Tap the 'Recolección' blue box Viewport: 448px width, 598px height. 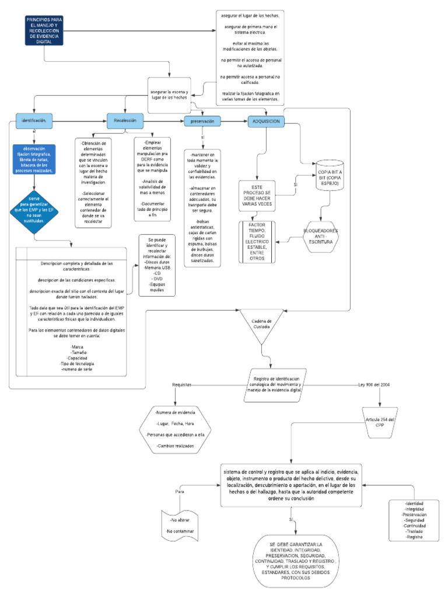coord(125,120)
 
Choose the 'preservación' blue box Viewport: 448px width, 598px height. coord(203,121)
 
